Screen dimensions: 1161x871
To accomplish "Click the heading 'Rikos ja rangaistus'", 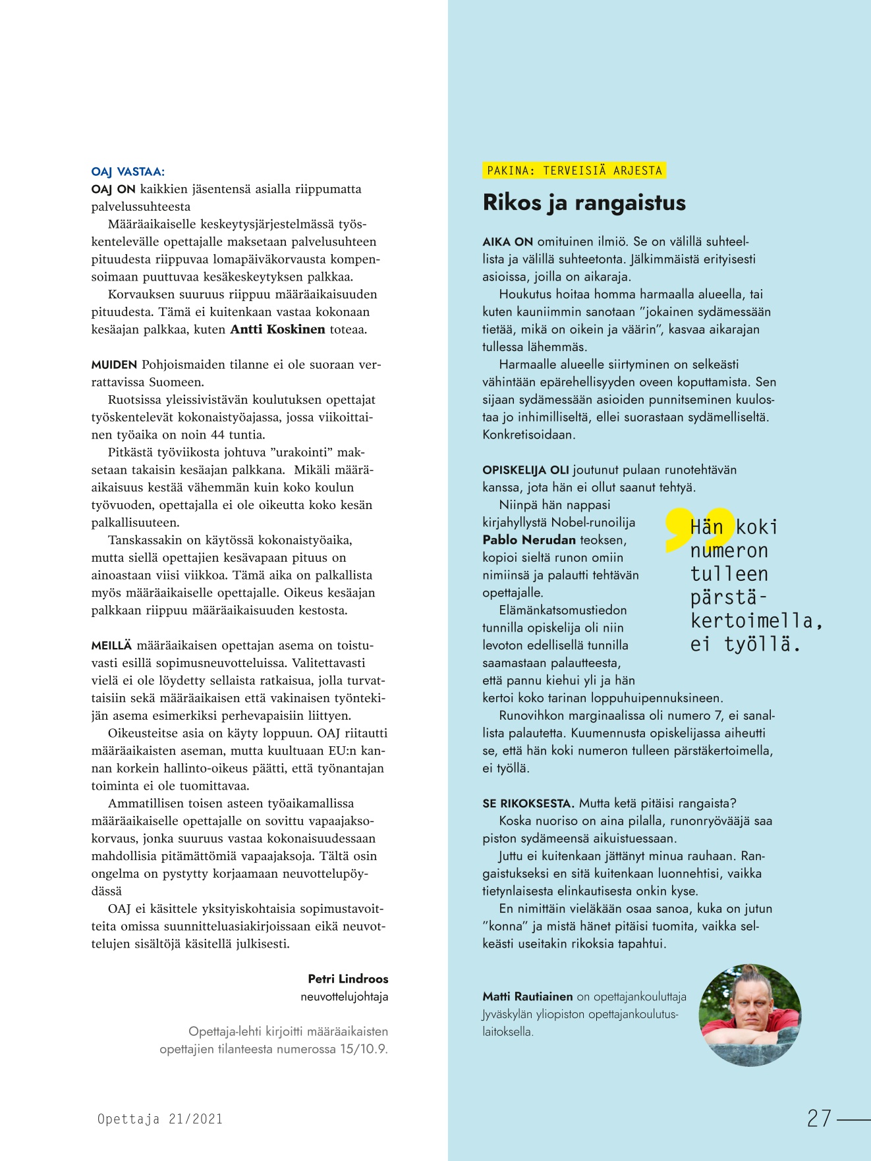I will [584, 202].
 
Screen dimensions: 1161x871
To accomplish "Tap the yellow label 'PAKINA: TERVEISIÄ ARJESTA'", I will [574, 171].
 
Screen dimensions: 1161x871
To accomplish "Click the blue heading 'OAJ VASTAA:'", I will [128, 172].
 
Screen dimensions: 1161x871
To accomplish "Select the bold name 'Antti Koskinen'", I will [277, 329].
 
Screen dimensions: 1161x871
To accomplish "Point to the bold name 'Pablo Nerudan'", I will [529, 540].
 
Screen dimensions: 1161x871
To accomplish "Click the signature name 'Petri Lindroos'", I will [348, 979].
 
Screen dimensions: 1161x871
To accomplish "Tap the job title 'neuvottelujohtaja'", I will [344, 996].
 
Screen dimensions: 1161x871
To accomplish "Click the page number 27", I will [819, 1118].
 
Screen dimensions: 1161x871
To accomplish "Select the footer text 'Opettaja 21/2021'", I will [160, 1119].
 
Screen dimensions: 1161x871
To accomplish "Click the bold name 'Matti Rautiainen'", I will [527, 996].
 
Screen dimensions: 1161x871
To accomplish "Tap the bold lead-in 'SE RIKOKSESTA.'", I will [528, 803].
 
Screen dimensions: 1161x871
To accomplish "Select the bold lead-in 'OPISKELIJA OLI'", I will [526, 470].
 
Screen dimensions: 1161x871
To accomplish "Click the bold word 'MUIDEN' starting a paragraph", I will [114, 365].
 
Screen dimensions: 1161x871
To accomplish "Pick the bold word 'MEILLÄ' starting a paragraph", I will [111, 645].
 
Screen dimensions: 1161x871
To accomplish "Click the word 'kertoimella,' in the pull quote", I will [756, 621].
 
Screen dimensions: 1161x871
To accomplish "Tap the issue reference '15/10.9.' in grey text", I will [364, 1049].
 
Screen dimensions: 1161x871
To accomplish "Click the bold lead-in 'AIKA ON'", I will [507, 242].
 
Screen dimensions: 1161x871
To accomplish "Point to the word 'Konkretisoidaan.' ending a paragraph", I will [528, 435].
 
